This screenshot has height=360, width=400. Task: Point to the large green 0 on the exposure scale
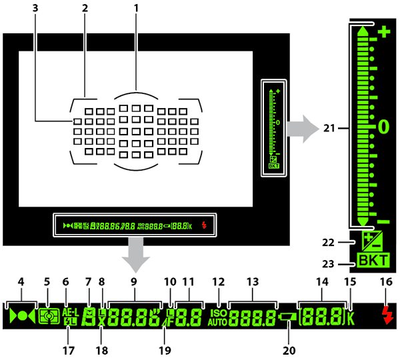(384, 125)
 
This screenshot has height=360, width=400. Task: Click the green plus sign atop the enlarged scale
(384, 31)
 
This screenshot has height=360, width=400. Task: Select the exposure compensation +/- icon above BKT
(371, 241)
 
